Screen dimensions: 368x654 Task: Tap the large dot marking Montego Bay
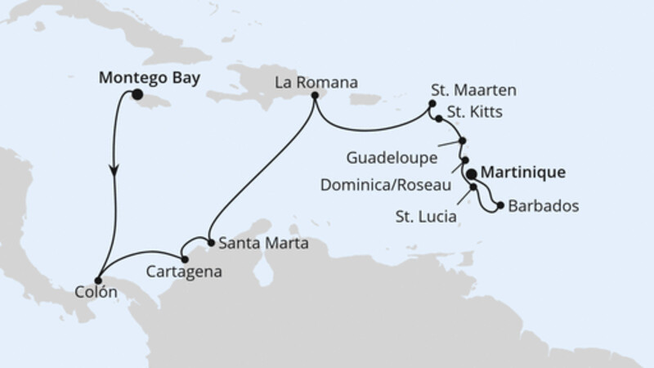[137, 96]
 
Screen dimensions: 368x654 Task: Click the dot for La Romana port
[314, 97]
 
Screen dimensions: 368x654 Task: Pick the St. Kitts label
[473, 111]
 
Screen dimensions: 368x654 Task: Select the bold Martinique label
[523, 173]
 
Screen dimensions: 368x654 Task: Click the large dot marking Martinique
[472, 173]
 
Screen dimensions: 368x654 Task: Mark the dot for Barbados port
[500, 205]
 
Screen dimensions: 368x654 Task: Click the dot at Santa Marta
[210, 243]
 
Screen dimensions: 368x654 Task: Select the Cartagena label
[185, 269]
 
